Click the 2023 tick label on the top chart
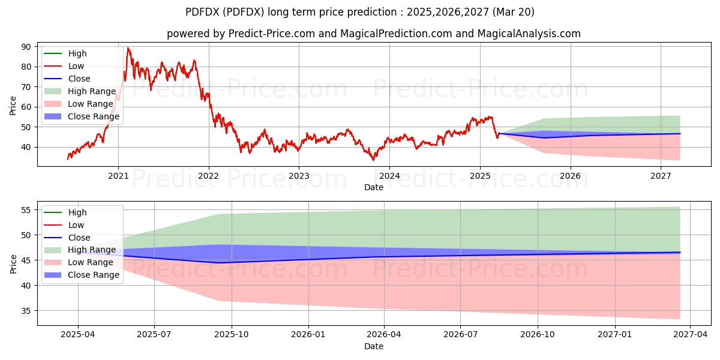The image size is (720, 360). pos(299,176)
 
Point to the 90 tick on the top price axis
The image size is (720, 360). pos(26,47)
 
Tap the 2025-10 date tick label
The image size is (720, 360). pos(232,335)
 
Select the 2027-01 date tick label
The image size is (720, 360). pos(615,335)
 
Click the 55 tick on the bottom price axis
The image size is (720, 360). pos(26,210)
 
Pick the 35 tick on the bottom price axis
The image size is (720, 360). pos(26,311)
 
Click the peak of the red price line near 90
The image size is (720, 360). pos(128,48)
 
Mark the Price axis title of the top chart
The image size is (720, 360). pos(13,106)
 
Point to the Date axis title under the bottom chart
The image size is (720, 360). pos(374,346)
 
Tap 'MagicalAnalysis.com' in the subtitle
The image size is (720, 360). pos(529,34)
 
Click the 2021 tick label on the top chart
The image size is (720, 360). pos(118,176)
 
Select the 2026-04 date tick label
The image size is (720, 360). pos(384,335)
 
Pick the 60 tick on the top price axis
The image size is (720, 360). pos(26,107)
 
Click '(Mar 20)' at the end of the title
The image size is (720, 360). pos(514,12)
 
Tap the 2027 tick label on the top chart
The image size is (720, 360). pos(661,176)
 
